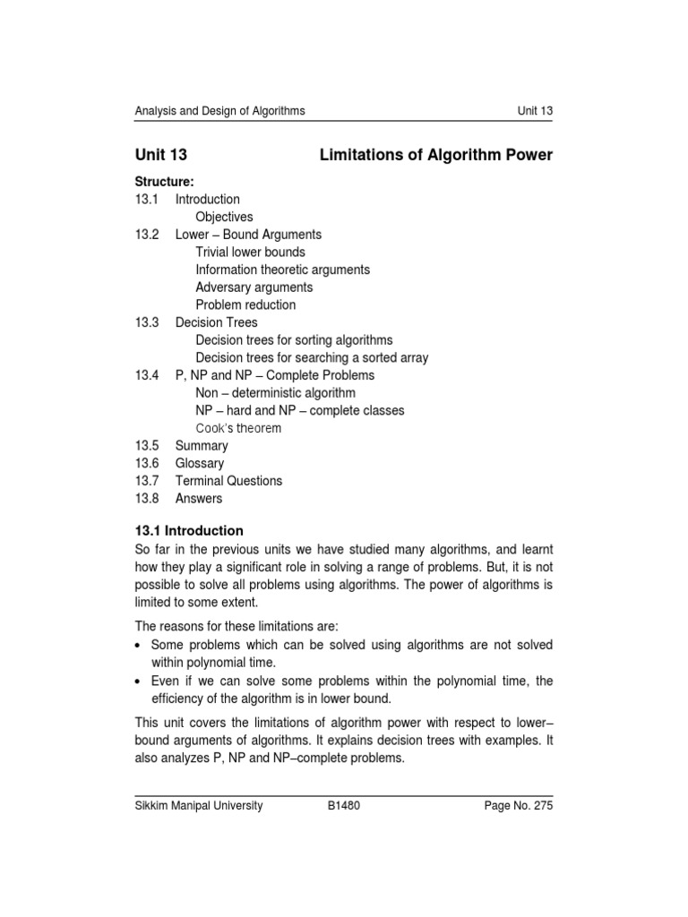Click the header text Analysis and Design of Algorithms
coord(219,111)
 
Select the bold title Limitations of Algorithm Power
coord(436,155)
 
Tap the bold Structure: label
coord(164,182)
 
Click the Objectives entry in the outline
coord(224,217)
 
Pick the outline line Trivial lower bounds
coord(250,253)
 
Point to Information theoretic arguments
coord(282,270)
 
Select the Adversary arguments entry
coord(254,287)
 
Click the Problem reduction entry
coord(245,304)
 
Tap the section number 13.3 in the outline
coord(146,322)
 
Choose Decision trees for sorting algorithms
coord(294,340)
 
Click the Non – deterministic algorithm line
coord(275,393)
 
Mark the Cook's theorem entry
coord(238,428)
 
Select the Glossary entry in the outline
coord(200,463)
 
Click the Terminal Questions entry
coord(228,481)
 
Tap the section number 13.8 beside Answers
coord(146,498)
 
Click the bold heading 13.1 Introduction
coord(188,531)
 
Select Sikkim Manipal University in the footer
coord(198,805)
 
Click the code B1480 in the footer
coord(345,805)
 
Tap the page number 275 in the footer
coord(543,805)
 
